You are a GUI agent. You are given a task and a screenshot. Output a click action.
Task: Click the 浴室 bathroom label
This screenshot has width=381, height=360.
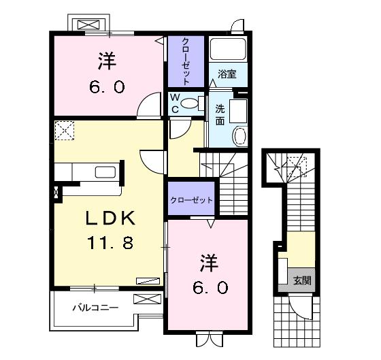click(227, 74)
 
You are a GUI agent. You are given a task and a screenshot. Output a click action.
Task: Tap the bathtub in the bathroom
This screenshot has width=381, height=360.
click(228, 49)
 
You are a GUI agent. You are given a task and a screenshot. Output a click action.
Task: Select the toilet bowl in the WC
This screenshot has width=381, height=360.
click(190, 103)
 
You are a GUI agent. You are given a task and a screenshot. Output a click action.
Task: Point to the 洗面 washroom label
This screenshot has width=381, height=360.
click(220, 115)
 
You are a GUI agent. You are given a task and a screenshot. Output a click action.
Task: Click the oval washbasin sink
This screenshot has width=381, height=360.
click(240, 136)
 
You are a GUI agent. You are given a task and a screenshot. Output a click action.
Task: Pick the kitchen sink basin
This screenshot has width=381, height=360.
click(105, 172)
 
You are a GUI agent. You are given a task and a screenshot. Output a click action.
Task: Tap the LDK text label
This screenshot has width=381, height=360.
click(110, 218)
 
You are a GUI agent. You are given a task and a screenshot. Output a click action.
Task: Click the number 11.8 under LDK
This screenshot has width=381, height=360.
click(110, 243)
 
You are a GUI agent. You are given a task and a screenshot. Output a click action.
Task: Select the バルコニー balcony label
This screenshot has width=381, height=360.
click(95, 308)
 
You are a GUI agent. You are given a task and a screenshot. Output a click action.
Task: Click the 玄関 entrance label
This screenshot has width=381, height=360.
click(302, 280)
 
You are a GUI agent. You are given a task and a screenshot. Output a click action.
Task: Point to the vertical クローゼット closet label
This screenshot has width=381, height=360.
click(186, 61)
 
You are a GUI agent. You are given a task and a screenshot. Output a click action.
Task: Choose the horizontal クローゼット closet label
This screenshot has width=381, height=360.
click(191, 200)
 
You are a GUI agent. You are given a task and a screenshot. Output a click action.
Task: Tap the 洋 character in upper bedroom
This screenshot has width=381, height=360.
click(107, 61)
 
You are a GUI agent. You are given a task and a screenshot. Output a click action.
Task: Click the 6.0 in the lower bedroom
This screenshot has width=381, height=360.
click(211, 288)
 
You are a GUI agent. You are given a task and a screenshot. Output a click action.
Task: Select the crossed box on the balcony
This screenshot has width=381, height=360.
click(148, 299)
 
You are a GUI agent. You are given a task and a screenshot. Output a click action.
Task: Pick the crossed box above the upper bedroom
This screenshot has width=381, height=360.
click(88, 25)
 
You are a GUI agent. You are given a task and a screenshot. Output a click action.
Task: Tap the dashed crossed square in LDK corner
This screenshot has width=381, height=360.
click(65, 131)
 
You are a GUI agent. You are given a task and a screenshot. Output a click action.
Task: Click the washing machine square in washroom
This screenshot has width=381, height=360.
click(238, 111)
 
